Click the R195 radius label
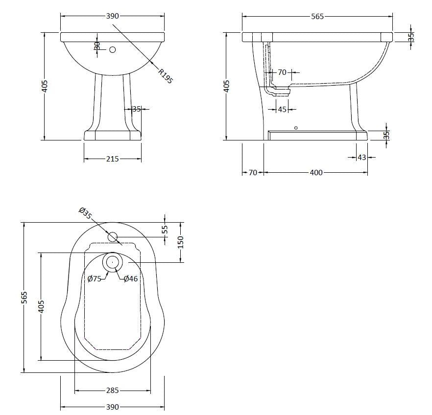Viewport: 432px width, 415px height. coord(165,76)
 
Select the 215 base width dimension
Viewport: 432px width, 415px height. coord(113,159)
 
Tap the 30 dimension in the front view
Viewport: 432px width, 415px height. coord(97,46)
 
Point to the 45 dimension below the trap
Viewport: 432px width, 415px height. coord(282,110)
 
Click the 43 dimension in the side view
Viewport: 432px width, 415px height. coord(361,157)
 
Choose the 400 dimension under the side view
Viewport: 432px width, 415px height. coord(316,172)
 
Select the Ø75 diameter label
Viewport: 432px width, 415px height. coord(95,278)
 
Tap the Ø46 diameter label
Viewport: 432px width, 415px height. coord(131,278)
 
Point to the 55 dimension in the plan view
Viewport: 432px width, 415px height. coord(165,229)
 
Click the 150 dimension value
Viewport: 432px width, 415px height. coord(180,242)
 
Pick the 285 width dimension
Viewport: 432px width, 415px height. coord(112,391)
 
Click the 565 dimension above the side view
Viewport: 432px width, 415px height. coord(317,16)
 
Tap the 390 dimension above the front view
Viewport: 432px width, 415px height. coord(113,16)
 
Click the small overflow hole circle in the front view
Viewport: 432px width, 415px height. coord(113,49)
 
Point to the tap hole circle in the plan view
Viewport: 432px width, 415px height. coord(113,237)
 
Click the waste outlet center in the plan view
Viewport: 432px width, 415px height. coord(112,262)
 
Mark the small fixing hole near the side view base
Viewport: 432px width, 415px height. coord(295,128)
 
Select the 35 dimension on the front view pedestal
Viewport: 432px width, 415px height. coord(136,109)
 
